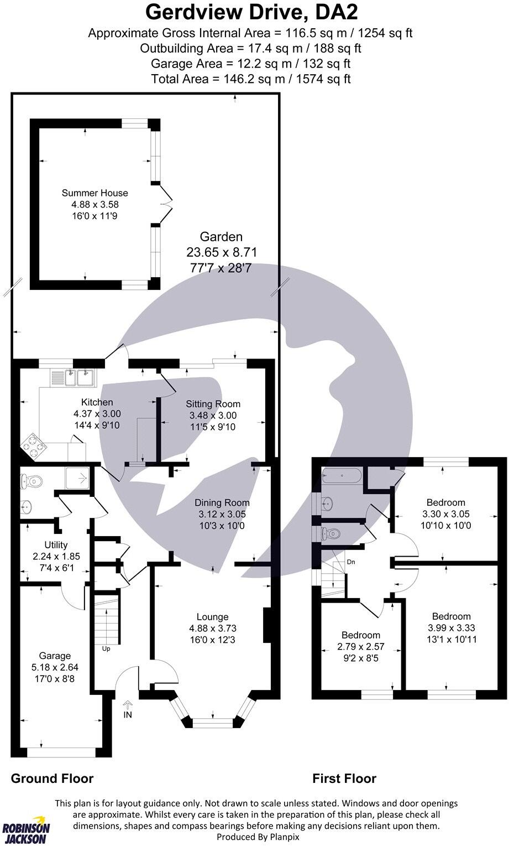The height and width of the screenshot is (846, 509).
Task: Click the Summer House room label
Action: (x=95, y=193)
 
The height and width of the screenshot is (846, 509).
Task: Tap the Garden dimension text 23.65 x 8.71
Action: (x=221, y=253)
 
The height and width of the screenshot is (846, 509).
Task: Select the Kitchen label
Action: (x=97, y=402)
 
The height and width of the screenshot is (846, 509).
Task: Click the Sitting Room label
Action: (x=213, y=404)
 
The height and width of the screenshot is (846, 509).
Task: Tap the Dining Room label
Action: (x=222, y=503)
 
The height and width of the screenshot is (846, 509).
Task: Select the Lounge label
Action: (x=212, y=617)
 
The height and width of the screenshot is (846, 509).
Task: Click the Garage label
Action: (x=55, y=656)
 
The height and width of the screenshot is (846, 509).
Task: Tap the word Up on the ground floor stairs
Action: (x=106, y=648)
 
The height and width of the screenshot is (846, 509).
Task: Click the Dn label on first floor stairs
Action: (x=350, y=562)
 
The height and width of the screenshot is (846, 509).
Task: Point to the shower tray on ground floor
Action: (x=77, y=478)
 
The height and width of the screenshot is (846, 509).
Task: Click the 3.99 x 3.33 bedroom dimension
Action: (x=451, y=628)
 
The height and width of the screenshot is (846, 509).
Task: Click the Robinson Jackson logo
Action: (x=26, y=830)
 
